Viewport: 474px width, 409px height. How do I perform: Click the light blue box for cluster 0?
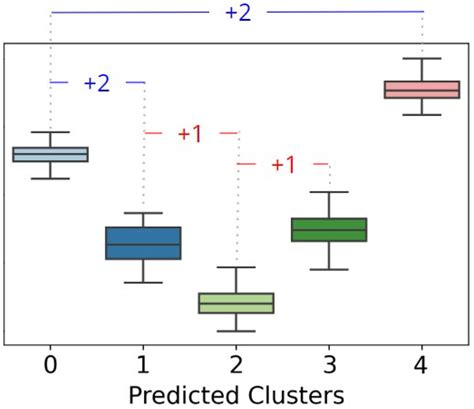pos(50,154)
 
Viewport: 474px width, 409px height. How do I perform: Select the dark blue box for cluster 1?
pos(143,243)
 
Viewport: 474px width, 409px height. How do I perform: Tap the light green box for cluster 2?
pos(236,303)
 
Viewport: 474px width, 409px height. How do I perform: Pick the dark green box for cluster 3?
pos(329,229)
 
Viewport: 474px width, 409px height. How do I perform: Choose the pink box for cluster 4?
pos(422,90)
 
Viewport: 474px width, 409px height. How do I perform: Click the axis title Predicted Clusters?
pos(236,394)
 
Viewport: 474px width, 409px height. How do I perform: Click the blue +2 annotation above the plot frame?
pos(237,12)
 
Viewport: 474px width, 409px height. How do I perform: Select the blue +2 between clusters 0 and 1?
pos(97,83)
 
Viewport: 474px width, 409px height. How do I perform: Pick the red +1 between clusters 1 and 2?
pos(190,133)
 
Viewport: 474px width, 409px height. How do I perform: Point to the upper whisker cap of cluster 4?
pos(422,59)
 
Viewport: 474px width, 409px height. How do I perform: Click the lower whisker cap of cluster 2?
pos(236,331)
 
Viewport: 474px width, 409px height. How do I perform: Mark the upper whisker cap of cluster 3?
pos(329,192)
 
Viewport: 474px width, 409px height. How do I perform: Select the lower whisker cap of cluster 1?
pos(143,282)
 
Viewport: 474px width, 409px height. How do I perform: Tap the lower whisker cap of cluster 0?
pos(50,179)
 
